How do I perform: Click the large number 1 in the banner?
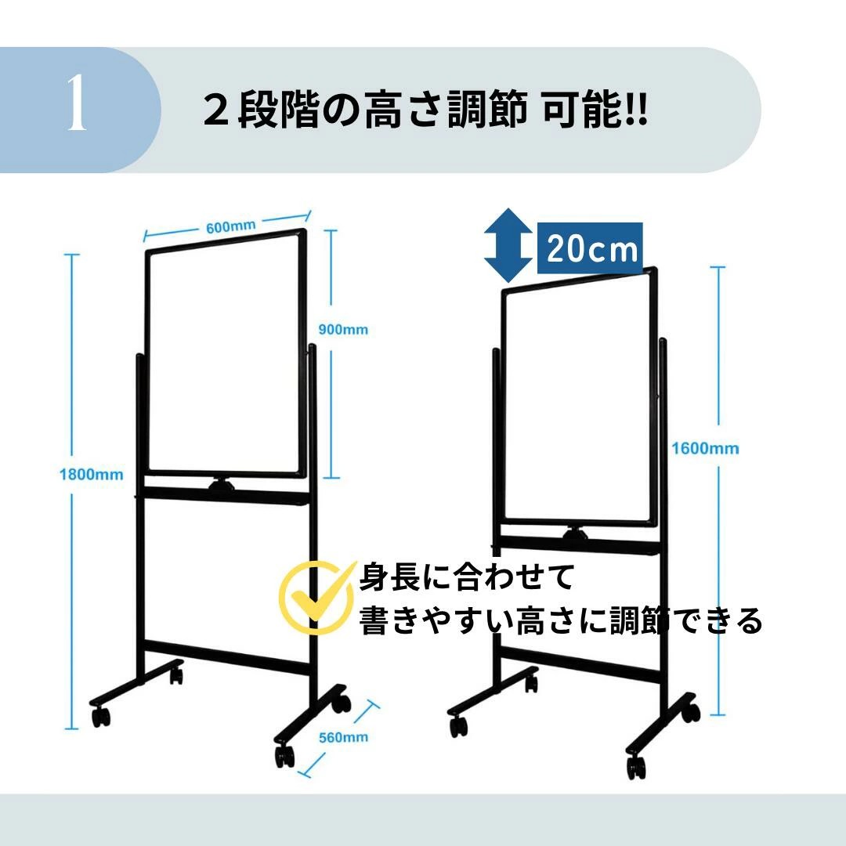(x=77, y=102)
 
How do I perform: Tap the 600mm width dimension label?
(x=230, y=226)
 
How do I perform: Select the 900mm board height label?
(x=343, y=329)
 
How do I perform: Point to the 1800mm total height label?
(x=91, y=474)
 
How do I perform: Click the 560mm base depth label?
(x=343, y=737)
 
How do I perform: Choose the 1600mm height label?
(x=705, y=448)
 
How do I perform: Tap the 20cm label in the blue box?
(x=591, y=249)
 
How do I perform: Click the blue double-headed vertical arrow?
(x=508, y=246)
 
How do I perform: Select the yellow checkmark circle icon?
(x=316, y=597)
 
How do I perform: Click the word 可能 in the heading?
(x=581, y=110)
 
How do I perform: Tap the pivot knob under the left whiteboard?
(x=222, y=484)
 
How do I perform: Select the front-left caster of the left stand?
(x=101, y=716)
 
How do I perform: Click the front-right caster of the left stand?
(x=285, y=755)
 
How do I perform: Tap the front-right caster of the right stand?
(x=636, y=767)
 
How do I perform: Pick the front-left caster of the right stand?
(x=458, y=725)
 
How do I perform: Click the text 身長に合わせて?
(x=467, y=577)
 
